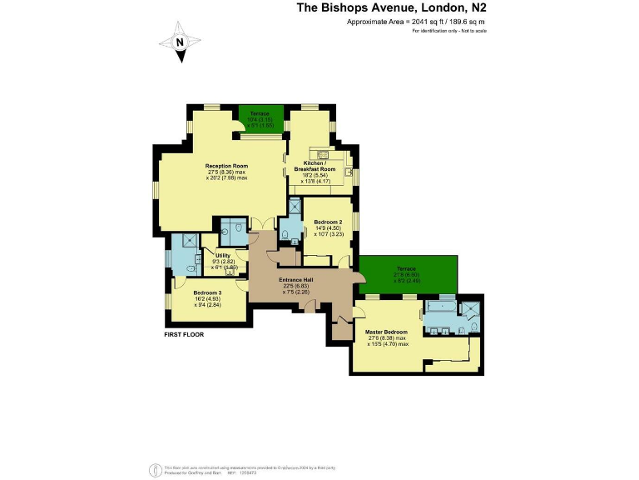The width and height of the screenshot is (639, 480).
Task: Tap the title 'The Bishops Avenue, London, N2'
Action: pyautogui.click(x=392, y=8)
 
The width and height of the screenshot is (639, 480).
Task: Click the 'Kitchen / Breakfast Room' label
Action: pyautogui.click(x=315, y=166)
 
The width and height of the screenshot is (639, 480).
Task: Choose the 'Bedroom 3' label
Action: pyautogui.click(x=207, y=292)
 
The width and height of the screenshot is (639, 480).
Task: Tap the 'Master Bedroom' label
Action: pyautogui.click(x=387, y=332)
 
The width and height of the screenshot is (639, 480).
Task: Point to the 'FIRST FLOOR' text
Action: pyautogui.click(x=183, y=334)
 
